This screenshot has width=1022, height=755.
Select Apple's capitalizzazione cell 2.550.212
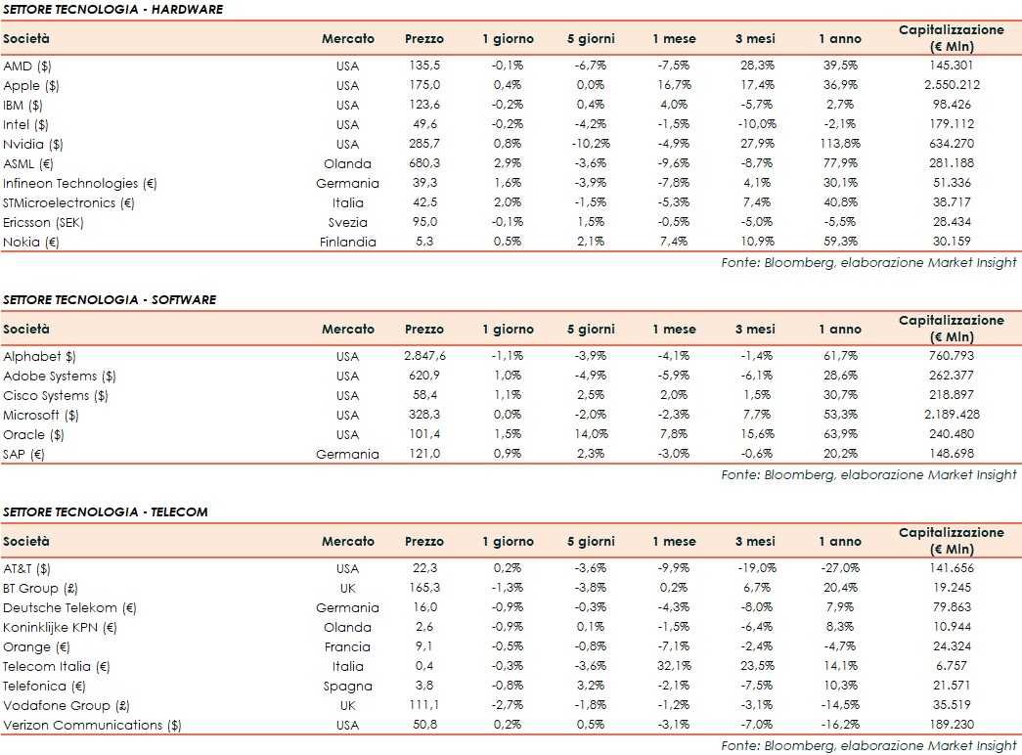pos(951,85)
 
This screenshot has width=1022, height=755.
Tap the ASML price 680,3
pos(423,163)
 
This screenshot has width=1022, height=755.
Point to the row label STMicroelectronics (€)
pos(73,202)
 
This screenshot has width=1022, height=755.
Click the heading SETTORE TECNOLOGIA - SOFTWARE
pos(110,299)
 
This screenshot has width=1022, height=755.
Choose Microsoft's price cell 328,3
pos(423,415)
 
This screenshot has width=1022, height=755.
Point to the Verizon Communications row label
pos(93,725)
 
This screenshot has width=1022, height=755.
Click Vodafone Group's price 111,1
pos(423,705)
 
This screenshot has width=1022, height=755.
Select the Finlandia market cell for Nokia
pos(347,242)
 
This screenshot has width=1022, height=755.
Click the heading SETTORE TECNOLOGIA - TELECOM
pos(106,511)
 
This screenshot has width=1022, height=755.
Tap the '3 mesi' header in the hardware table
pos(755,39)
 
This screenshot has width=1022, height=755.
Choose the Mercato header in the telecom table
pos(347,541)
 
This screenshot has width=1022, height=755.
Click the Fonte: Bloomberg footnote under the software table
pos(868,474)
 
